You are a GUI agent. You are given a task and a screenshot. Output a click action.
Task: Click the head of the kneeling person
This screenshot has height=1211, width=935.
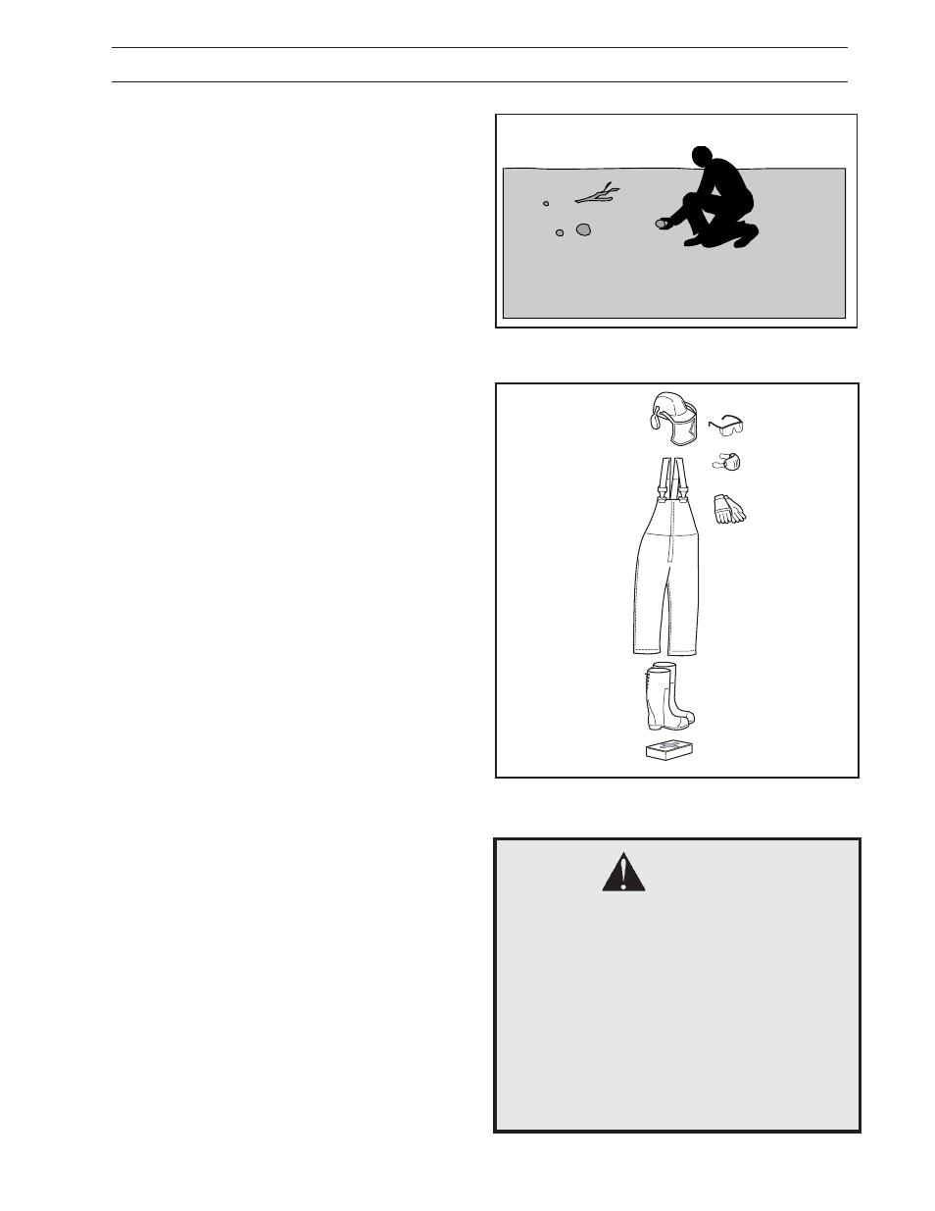(x=703, y=158)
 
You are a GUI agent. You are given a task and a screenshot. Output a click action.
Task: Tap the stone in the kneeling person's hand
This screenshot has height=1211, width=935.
(x=660, y=224)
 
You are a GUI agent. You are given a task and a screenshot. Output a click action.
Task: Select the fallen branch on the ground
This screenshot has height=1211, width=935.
(x=597, y=195)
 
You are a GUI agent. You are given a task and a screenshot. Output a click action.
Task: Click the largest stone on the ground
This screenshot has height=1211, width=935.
(x=583, y=229)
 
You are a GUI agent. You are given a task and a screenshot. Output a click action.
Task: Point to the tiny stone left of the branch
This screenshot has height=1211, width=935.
(x=546, y=204)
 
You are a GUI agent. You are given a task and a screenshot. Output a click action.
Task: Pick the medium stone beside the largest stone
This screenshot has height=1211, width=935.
(x=560, y=233)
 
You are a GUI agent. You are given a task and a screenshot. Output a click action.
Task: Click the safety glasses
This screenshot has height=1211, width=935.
(x=727, y=427)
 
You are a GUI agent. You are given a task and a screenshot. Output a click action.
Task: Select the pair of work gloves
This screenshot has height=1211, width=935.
(x=729, y=509)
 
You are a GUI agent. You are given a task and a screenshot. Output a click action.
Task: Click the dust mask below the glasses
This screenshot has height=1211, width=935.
(x=731, y=460)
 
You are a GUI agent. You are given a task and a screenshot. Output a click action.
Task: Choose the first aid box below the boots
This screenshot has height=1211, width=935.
(x=668, y=750)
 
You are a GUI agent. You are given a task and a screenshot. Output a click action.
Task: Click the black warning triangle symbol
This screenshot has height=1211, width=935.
(x=624, y=872)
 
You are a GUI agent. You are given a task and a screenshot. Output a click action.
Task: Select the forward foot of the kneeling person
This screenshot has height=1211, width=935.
(x=695, y=239)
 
